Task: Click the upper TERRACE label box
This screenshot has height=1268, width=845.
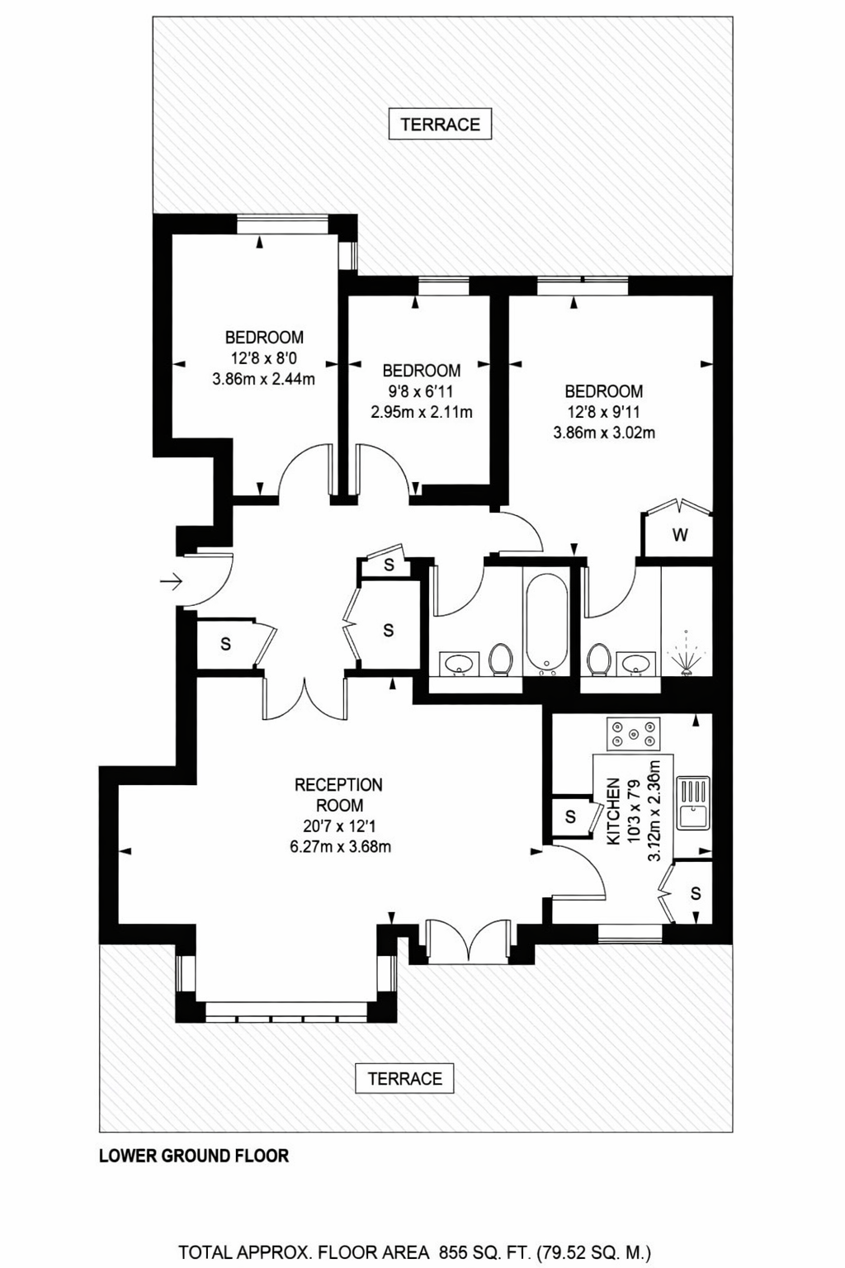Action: point(440,124)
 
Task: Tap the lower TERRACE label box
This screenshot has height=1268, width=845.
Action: point(404,1078)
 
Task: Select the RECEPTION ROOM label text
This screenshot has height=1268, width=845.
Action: point(339,795)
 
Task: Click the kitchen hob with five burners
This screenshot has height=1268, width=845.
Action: point(633,734)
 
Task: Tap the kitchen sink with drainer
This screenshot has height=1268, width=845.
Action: point(693,802)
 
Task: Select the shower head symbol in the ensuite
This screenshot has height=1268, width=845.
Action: point(686,653)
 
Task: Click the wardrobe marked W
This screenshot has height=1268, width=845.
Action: point(678,533)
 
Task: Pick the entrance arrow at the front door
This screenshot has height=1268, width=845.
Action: point(171,581)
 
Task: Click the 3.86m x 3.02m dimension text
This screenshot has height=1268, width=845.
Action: point(604,433)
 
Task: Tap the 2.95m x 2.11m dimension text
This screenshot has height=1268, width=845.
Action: point(422,412)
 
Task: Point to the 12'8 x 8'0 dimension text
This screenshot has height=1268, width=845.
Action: point(264,358)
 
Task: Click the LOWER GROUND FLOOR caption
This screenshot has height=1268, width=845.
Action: point(194,1156)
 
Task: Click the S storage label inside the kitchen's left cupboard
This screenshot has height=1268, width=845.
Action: point(570,816)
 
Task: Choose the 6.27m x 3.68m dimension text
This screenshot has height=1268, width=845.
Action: point(340,847)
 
